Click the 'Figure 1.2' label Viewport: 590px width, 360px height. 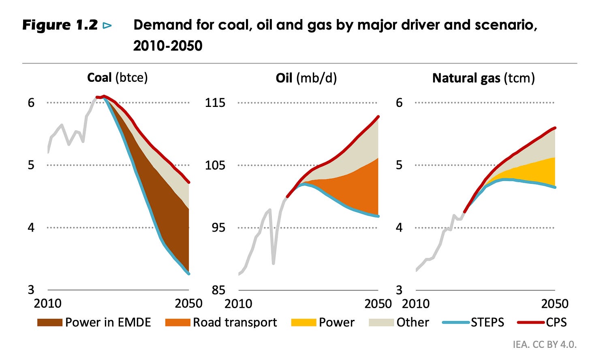60,25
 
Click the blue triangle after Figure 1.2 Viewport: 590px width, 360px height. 107,26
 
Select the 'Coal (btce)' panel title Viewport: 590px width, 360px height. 117,77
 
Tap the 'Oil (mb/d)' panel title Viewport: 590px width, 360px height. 306,78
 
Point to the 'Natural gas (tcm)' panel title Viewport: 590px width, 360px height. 483,78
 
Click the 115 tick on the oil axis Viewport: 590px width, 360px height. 215,102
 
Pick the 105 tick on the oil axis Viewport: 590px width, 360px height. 215,165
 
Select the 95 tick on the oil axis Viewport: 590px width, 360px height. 215,228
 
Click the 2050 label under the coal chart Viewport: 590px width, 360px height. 188,303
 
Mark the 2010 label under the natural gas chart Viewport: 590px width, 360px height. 416,303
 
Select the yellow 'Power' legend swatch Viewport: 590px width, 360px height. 303,322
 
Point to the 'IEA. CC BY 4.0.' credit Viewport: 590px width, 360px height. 544,344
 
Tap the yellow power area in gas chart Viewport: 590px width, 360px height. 535,172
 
